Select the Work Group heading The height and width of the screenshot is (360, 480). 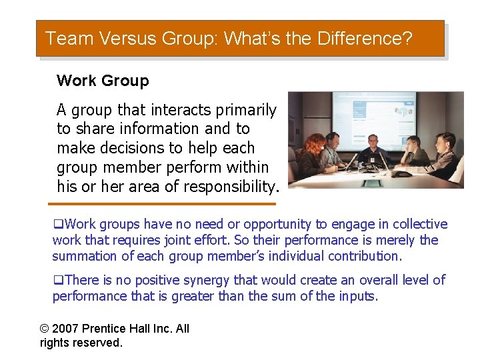coord(103,81)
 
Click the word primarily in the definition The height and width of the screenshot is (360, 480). coord(243,109)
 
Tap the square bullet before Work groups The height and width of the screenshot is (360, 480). coord(57,225)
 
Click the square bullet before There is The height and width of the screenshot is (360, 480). coord(57,281)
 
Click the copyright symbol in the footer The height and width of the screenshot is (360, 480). coord(45,328)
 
